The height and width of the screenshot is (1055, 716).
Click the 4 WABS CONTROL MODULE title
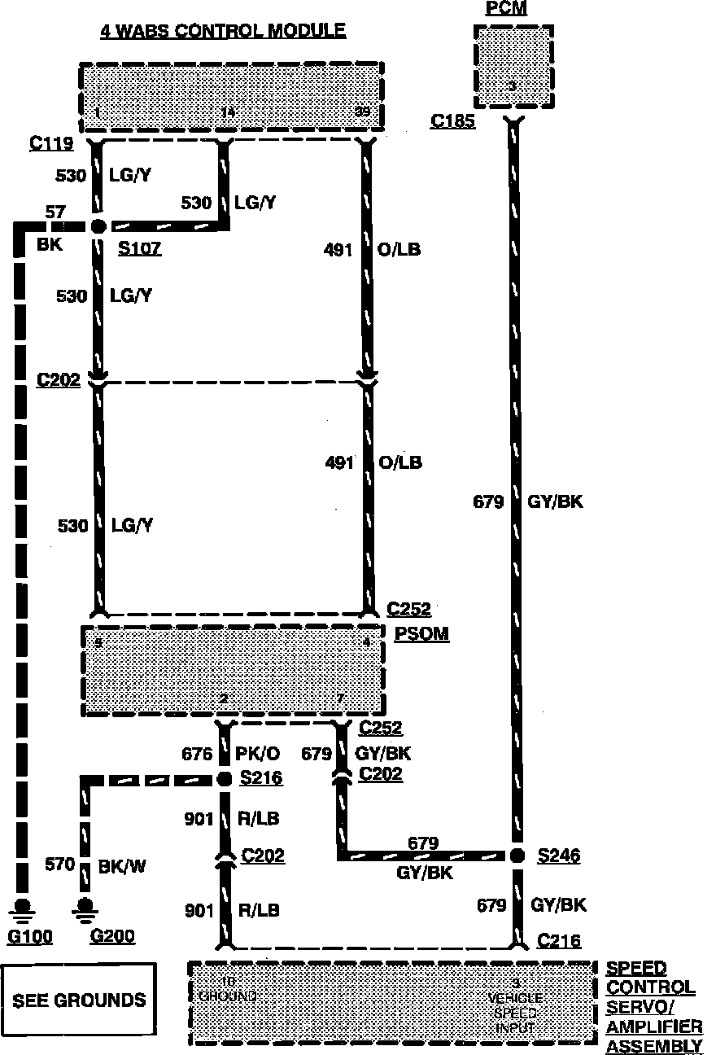click(222, 31)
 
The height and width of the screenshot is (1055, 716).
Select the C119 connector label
click(52, 144)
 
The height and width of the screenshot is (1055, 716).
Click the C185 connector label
click(453, 121)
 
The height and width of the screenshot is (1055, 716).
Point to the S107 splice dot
click(98, 226)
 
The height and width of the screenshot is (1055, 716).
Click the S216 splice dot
click(225, 779)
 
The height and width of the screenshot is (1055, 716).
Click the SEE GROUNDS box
click(78, 1000)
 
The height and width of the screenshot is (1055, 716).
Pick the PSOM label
click(421, 633)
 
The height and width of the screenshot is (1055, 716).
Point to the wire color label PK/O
click(258, 755)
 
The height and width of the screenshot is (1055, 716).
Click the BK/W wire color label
click(122, 865)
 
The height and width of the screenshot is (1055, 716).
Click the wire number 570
click(60, 865)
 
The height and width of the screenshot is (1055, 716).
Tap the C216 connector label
click(559, 941)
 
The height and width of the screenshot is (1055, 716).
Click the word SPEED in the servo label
click(636, 969)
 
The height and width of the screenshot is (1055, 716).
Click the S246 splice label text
click(559, 856)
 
